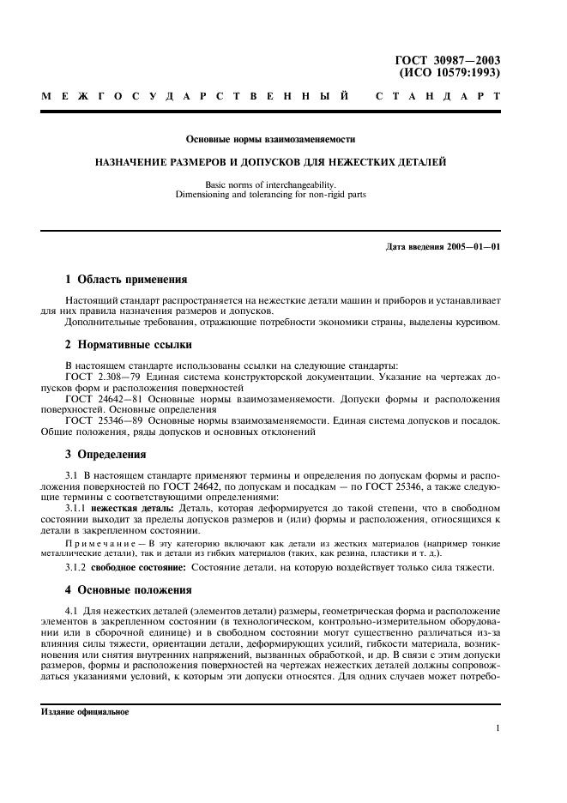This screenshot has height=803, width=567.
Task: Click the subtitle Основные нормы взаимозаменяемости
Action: pos(270,138)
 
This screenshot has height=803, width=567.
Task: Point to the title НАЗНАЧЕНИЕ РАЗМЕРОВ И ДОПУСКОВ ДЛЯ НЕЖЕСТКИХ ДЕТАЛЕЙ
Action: pos(270,161)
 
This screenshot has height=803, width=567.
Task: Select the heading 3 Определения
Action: pos(106,455)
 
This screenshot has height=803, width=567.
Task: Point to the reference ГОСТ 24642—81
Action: pos(98,400)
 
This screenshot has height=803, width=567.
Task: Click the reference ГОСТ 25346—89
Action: pos(98,421)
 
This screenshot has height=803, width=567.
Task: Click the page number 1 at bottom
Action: pos(498,728)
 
